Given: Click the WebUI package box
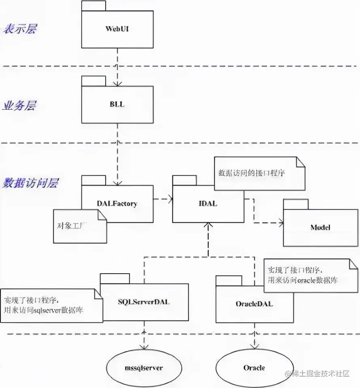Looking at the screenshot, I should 117,29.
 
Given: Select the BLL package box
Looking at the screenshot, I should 117,105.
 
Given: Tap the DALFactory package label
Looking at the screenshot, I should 117,204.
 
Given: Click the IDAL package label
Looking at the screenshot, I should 208,204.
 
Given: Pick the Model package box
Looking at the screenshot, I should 320,228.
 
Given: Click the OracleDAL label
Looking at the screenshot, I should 254,303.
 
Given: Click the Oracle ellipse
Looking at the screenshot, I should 254,367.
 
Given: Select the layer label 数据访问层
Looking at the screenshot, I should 31,183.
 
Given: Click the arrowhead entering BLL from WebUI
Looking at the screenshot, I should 117,84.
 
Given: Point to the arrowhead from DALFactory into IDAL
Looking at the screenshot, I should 170,198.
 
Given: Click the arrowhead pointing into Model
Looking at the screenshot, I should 280,222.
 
